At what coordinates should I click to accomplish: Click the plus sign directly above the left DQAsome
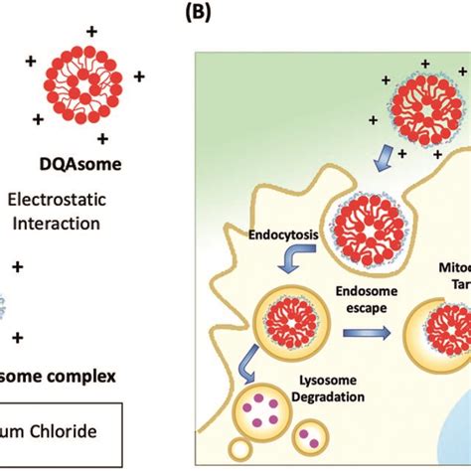pyautogui.click(x=92, y=32)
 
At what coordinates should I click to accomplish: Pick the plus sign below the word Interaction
pyautogui.click(x=14, y=267)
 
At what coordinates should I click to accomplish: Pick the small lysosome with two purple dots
pyautogui.click(x=306, y=433)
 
